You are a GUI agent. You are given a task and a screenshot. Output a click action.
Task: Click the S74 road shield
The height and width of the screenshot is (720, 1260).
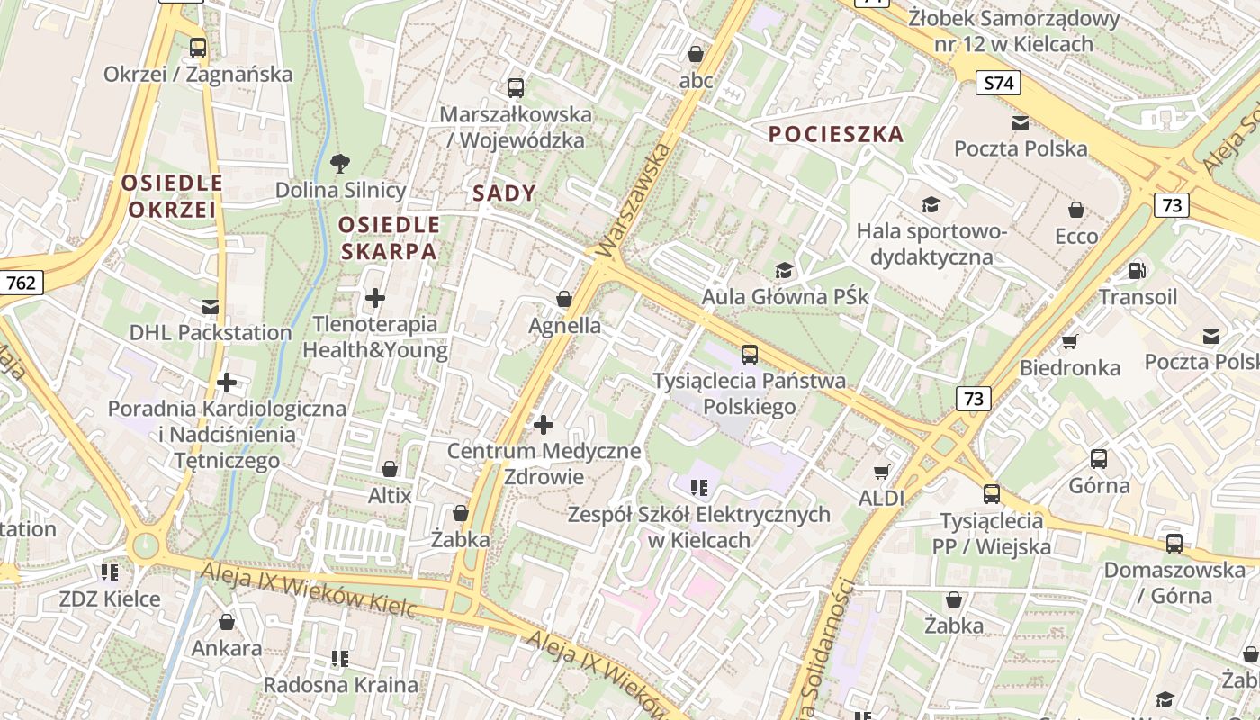(998, 84)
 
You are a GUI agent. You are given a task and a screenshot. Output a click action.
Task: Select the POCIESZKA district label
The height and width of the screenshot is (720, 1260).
(835, 134)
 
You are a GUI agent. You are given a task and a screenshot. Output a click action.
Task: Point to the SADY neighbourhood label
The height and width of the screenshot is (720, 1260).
(504, 193)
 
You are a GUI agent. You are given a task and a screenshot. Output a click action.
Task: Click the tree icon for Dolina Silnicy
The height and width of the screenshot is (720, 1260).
(340, 164)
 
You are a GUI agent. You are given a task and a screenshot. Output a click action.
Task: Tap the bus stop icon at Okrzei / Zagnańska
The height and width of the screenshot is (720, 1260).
(198, 48)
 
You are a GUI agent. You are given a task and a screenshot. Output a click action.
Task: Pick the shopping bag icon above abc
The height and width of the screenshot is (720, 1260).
(695, 54)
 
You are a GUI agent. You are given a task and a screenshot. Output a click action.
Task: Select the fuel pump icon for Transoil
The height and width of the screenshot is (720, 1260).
(1137, 270)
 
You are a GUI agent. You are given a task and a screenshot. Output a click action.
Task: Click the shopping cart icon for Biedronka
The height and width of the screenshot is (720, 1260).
(1069, 341)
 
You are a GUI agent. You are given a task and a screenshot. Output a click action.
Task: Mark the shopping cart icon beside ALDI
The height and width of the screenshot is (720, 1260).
(882, 472)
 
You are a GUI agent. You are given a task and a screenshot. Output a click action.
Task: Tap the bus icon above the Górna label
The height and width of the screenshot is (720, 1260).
(1098, 459)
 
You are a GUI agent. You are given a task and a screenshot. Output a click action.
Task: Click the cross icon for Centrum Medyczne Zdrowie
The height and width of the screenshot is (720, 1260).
(544, 424)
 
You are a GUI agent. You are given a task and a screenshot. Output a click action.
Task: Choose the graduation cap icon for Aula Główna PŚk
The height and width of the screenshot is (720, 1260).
(785, 270)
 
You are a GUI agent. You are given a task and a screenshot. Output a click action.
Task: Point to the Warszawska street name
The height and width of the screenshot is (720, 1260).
(634, 198)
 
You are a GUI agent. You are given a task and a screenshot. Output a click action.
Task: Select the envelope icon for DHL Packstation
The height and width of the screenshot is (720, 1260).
(210, 306)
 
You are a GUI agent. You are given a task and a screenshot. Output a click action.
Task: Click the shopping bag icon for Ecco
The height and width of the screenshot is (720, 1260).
(1075, 210)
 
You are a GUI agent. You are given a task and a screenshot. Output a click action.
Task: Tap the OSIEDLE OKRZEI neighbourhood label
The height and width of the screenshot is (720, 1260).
(172, 196)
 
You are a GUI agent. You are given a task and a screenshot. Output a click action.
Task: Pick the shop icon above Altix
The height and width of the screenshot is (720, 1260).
(390, 469)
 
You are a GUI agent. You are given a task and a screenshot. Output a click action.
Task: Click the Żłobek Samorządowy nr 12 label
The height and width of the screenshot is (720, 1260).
(1013, 31)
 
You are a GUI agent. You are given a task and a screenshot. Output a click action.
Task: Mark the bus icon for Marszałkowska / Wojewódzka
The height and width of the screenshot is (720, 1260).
(515, 87)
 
